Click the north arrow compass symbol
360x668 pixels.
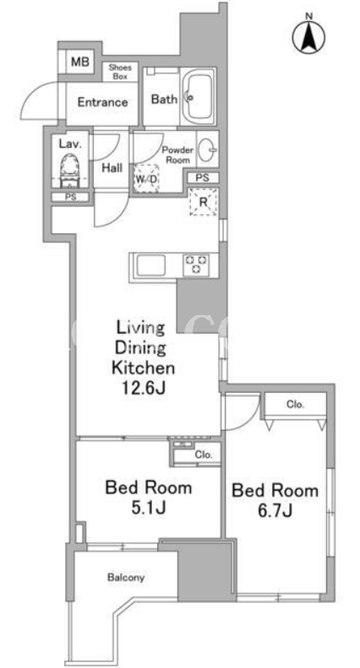309,35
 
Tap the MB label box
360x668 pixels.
80,62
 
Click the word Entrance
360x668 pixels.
102,102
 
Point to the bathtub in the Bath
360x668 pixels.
199,98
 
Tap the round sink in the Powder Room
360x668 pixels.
207,149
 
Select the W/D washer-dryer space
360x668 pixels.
146,179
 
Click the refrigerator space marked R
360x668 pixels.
204,202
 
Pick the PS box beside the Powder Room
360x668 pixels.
203,178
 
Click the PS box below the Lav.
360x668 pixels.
70,198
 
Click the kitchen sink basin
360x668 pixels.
150,266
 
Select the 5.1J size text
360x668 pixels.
149,508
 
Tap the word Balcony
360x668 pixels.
126,578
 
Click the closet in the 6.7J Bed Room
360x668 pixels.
295,406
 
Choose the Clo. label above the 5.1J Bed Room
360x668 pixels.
204,454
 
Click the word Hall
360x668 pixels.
112,168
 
